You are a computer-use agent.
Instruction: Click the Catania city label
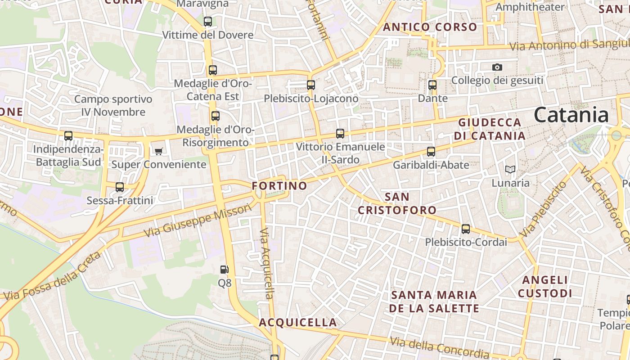[x=571, y=115]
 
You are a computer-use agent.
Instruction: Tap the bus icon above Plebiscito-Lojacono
[x=310, y=85]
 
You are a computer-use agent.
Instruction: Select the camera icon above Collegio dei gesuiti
[x=497, y=67]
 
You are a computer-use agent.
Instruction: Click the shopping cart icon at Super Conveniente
[x=158, y=151]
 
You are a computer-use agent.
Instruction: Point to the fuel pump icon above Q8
[x=224, y=270]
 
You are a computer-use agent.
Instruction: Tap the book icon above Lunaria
[x=510, y=170]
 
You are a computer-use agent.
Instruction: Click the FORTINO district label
[x=279, y=186]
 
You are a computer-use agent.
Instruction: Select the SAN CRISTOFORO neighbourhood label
[x=397, y=203]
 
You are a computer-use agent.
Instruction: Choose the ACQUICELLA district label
[x=297, y=322]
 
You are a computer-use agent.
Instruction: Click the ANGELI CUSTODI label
[x=545, y=287]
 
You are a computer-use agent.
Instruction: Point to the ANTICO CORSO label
[x=430, y=27]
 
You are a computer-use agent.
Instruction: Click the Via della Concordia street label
[x=439, y=347]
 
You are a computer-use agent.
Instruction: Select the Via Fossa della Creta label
[x=52, y=276]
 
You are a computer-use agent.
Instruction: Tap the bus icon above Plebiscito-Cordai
[x=466, y=229]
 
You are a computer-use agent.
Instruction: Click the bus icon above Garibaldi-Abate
[x=431, y=152]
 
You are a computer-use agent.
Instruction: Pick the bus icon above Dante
[x=432, y=85]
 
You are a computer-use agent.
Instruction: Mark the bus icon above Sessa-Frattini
[x=120, y=187]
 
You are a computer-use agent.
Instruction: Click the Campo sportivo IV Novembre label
[x=113, y=105]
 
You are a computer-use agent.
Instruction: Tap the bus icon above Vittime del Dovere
[x=207, y=21]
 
